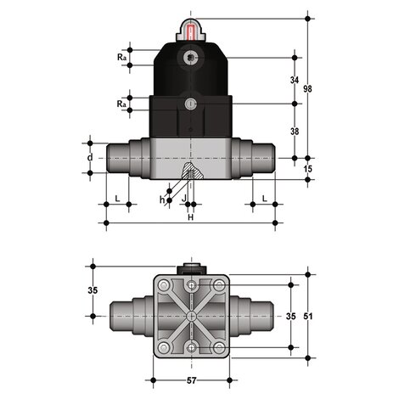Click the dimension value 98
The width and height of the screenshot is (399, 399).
point(307,89)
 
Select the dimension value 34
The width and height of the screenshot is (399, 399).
point(295,80)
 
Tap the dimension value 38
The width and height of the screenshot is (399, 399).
point(295,132)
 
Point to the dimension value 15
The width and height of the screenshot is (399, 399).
point(308,169)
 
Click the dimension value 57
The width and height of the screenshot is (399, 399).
point(191,380)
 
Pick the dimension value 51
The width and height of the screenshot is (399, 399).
point(308,316)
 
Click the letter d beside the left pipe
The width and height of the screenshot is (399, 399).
point(90,157)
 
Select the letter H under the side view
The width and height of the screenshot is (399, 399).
point(191,217)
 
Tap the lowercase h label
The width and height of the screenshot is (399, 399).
point(162,199)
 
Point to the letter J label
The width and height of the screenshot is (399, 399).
point(184,199)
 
